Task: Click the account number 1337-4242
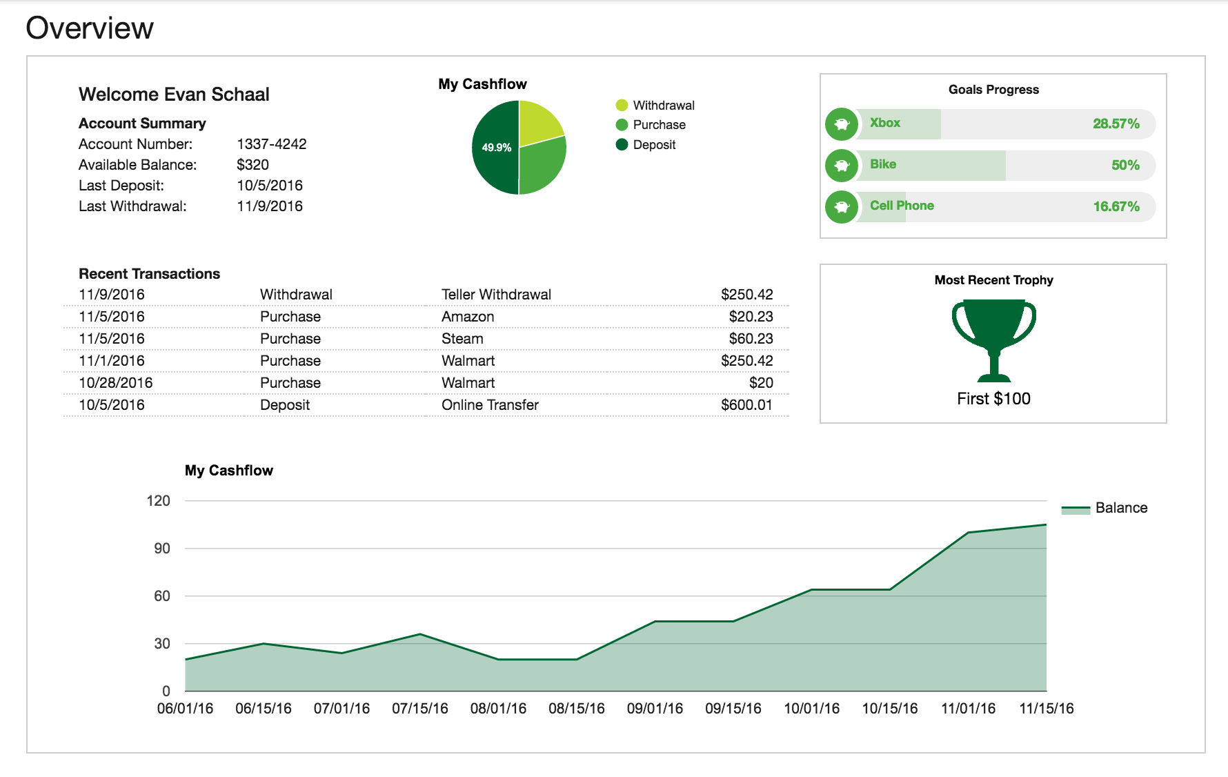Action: pos(271,144)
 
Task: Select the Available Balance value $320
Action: pos(252,165)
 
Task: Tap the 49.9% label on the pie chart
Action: pos(496,148)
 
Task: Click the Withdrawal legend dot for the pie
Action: pos(622,105)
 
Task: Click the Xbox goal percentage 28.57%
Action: pos(1116,124)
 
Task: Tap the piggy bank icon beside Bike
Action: pos(842,166)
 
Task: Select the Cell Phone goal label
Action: pos(902,206)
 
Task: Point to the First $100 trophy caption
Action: pos(993,399)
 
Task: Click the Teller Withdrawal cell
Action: pos(496,295)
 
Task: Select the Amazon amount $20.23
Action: pos(751,317)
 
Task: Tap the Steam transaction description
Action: pos(462,339)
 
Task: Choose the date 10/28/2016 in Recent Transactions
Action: pos(115,383)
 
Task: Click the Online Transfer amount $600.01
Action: pos(746,405)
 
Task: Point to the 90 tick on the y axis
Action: pos(162,549)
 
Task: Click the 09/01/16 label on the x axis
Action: pos(655,709)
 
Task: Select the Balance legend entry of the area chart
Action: pos(1120,508)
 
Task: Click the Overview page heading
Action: pos(90,28)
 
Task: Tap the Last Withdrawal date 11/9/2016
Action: pos(270,206)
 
